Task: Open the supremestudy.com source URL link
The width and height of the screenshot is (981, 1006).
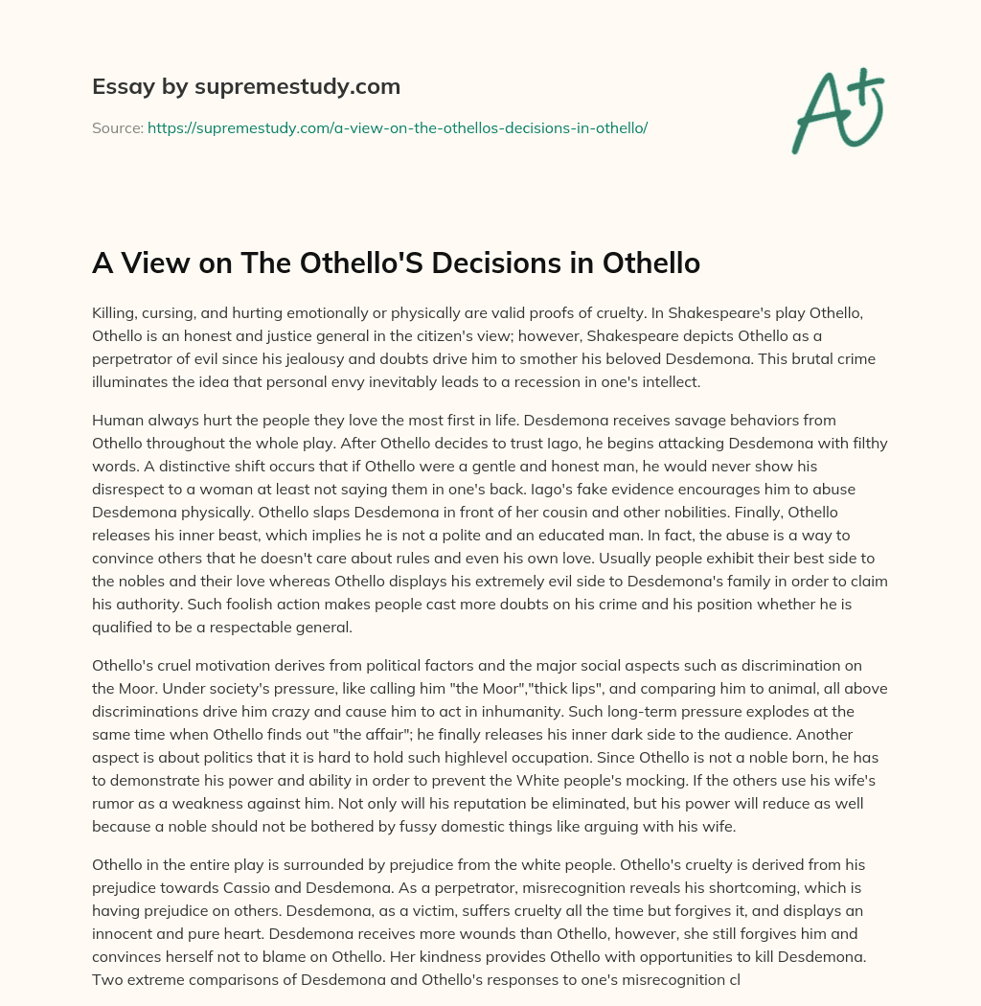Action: [x=398, y=127]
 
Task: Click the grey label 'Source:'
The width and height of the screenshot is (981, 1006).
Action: [x=117, y=127]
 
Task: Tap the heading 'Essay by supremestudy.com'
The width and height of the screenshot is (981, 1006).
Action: [x=245, y=87]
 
